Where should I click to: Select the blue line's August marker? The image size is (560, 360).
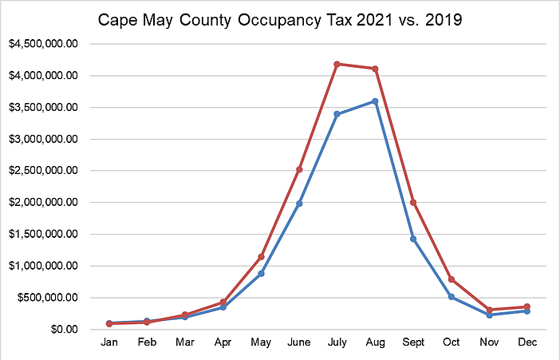375,101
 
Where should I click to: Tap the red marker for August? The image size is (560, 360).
375,69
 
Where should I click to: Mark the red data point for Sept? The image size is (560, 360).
413,202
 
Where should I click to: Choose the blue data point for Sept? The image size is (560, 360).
413,239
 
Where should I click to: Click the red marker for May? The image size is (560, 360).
262,257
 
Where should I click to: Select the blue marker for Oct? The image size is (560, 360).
452,297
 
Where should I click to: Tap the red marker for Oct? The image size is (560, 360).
452,279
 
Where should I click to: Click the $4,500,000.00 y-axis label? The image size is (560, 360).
43,45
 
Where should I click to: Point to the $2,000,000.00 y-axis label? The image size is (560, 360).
43,203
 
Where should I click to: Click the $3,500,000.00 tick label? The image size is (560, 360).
43,108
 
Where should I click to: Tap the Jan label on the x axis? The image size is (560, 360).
109,343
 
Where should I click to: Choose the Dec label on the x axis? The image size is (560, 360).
527,343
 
